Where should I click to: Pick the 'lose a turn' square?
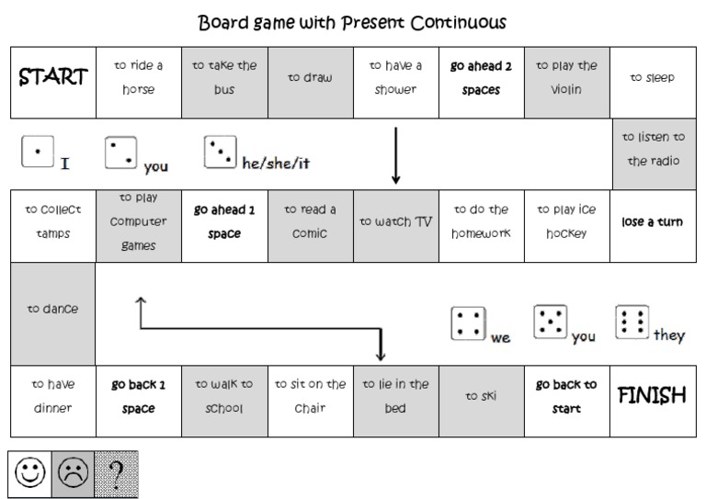click(652, 222)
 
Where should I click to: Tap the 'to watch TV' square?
click(395, 222)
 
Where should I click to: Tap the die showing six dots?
click(632, 321)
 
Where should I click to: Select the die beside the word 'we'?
click(468, 323)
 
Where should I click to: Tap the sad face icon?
click(74, 474)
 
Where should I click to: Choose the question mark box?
click(116, 474)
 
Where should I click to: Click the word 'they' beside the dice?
click(669, 335)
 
